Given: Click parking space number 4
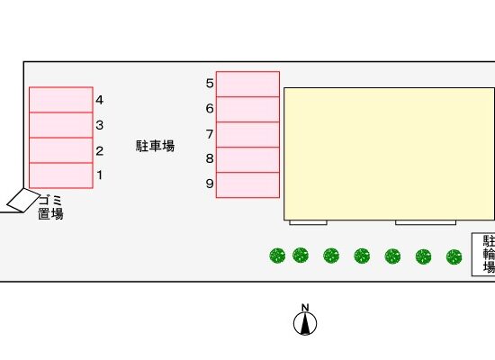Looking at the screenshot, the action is pos(61,100).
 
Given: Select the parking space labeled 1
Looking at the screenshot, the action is pos(61,175).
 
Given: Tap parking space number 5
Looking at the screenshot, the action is pos(247,85).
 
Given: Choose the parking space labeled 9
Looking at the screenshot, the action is pos(247,185).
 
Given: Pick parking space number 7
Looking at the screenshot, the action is pos(247,134).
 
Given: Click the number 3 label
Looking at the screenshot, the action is pos(99,125).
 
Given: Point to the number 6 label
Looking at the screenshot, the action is pos(210,109).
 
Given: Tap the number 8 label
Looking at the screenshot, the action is pos(210,158).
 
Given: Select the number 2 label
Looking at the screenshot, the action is pos(99,151).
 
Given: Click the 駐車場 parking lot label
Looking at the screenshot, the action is pos(155,146).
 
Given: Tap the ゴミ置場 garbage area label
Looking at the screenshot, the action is pos(50,208).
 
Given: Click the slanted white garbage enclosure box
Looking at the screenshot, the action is pos(23,200).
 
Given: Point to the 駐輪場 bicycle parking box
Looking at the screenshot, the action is pos(483,255).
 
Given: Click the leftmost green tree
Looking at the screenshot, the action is pos(277,256).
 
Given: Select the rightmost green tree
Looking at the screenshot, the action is pos(454,256).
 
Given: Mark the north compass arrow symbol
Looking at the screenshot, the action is pos(305,323).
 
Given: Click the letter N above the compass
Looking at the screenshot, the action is pos(305,308).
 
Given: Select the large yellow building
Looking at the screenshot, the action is pos(389,154).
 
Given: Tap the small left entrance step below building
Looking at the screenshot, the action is pos(308,222).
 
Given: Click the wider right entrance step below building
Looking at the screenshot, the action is pos(426,222).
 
